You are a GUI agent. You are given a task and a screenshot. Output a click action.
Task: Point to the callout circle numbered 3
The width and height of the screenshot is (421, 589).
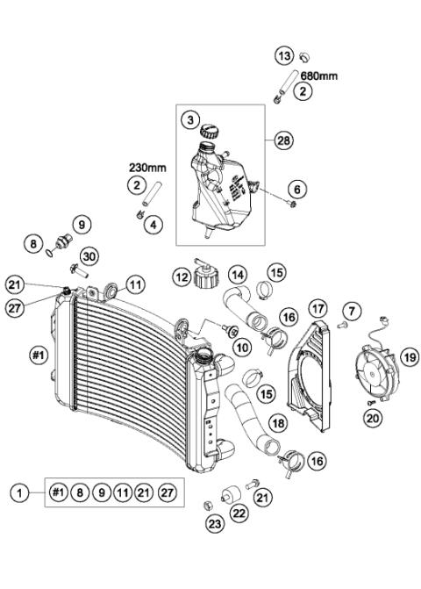point(189,119)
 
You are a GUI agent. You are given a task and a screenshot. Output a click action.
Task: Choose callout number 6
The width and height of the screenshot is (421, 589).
point(297,189)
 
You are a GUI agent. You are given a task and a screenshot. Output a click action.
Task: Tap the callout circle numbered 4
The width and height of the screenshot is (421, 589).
point(153,225)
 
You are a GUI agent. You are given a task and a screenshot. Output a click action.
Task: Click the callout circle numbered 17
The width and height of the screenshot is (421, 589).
point(317,309)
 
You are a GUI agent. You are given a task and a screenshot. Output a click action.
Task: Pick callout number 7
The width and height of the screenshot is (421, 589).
point(352,311)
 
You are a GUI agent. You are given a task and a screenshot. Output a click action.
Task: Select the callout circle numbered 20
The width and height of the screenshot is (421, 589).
point(374,419)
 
